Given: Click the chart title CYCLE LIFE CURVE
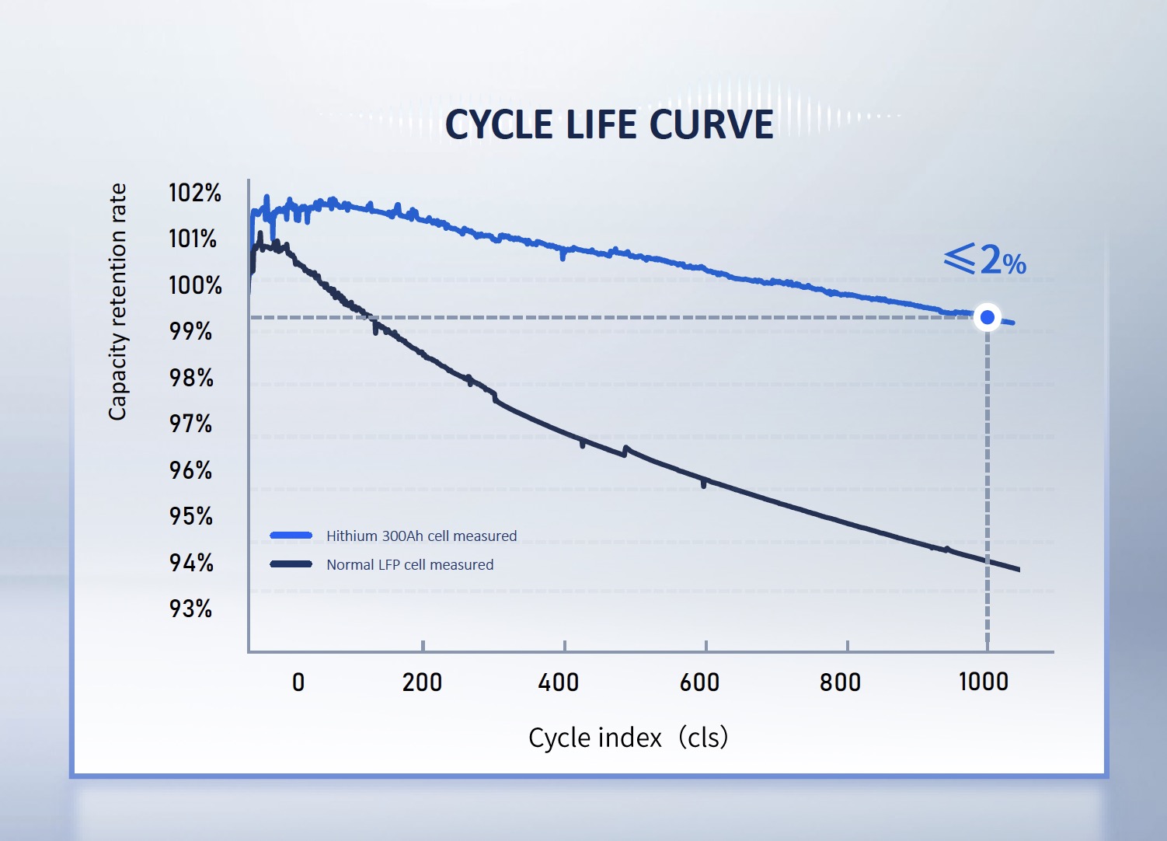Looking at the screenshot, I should click(609, 125).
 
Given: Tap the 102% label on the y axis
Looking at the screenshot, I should click(195, 193).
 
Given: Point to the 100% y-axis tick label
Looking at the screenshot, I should click(195, 285).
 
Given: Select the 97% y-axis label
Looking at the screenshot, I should click(191, 424).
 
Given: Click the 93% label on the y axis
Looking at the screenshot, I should click(191, 609).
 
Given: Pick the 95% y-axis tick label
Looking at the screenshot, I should click(191, 516).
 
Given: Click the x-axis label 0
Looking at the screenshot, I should click(298, 682).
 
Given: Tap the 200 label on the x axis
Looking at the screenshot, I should click(422, 682).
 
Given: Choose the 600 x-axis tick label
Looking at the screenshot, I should click(699, 682).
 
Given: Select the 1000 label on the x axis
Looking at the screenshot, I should click(984, 682).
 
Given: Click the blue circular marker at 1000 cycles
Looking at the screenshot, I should click(988, 317).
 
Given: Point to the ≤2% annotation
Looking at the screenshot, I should click(985, 260).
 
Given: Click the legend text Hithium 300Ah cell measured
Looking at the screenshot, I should click(421, 536).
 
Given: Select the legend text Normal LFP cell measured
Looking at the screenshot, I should click(409, 565).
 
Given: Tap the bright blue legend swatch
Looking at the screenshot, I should click(291, 536).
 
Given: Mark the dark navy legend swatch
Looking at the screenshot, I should click(291, 564).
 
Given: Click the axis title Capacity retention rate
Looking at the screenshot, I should click(117, 302).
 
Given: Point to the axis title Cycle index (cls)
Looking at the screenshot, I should click(628, 737).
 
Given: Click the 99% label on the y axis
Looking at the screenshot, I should click(191, 331).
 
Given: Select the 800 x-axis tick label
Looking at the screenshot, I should click(841, 682).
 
